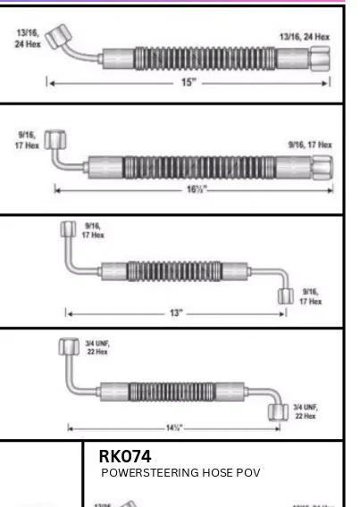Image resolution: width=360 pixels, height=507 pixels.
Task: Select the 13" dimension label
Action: [177, 312]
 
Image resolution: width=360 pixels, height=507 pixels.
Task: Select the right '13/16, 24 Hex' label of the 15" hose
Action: [305, 37]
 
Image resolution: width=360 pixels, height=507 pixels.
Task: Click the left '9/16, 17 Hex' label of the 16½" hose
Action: [24, 140]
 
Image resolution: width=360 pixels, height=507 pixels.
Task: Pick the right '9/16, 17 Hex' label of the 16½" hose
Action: [309, 144]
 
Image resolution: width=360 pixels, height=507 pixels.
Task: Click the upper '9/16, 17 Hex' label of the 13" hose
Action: [93, 231]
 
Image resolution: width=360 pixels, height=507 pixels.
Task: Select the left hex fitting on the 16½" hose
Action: [54, 142]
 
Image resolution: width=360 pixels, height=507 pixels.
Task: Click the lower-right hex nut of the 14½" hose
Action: [278, 412]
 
